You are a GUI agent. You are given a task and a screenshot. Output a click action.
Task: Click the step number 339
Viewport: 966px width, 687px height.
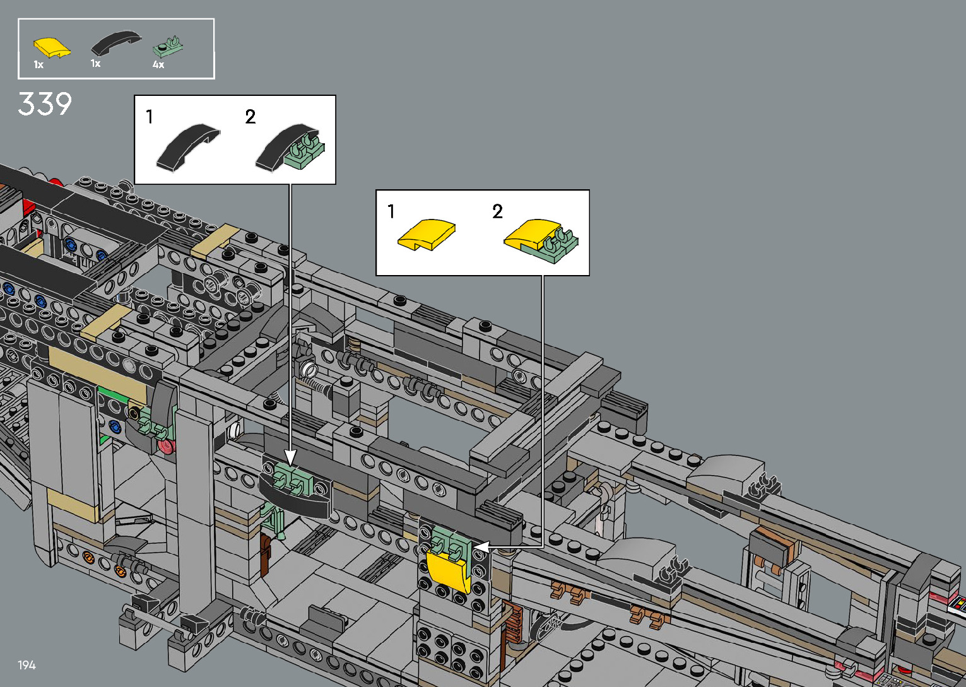click(45, 104)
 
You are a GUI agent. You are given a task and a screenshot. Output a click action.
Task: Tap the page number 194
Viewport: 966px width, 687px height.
click(27, 665)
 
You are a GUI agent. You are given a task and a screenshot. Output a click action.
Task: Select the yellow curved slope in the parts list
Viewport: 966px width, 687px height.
click(52, 47)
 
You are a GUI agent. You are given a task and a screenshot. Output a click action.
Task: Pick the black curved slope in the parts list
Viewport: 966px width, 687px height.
click(116, 43)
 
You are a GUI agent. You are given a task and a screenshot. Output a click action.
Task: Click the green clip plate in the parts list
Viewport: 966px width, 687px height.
click(168, 47)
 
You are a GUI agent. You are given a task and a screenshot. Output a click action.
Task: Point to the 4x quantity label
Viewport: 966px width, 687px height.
click(158, 65)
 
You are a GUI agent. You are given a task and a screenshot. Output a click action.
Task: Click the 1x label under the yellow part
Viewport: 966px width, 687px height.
click(39, 65)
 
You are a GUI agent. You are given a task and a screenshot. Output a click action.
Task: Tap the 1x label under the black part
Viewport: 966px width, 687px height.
click(95, 63)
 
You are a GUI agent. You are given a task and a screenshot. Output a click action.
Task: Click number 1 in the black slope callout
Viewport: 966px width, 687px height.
click(149, 117)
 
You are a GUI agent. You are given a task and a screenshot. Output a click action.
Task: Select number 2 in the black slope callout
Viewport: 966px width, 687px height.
click(250, 117)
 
